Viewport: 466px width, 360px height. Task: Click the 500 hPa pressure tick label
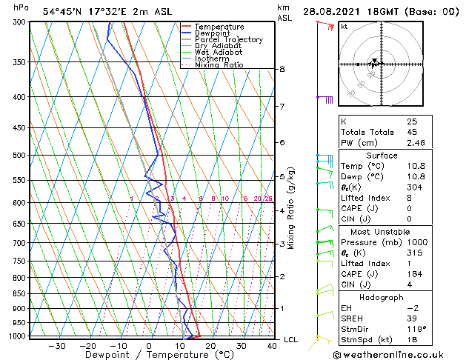(x=20, y=156)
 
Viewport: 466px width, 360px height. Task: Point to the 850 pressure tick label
(x=20, y=294)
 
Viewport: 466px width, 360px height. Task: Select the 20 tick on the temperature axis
(x=211, y=346)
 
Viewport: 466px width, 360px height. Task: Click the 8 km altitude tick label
(x=282, y=70)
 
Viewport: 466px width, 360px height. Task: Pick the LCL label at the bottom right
(x=292, y=339)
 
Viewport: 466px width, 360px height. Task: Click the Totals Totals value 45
(x=412, y=132)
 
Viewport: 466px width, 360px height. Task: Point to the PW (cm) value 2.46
(x=415, y=143)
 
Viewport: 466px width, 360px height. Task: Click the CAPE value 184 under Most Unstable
(x=414, y=274)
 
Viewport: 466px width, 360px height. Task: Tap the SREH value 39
(x=412, y=318)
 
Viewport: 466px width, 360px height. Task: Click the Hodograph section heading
(x=382, y=297)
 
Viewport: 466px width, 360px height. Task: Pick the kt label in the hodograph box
(x=344, y=27)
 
